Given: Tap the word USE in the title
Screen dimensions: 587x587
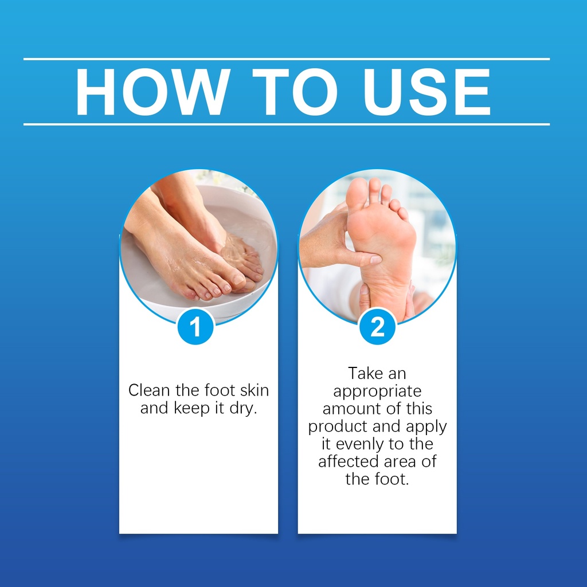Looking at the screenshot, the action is (426, 92).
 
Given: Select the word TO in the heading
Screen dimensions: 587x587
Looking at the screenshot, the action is (295, 92).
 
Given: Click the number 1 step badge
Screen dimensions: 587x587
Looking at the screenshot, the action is (195, 326).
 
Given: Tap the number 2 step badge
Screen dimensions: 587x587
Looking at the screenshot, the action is (377, 326).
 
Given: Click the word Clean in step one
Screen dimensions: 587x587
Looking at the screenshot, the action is (149, 390).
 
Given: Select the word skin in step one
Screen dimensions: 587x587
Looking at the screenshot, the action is (254, 390).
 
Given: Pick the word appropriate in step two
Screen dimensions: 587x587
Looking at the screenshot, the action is (377, 392).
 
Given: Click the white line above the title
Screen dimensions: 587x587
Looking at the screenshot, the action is (287, 59).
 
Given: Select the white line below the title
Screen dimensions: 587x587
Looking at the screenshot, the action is (287, 124).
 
